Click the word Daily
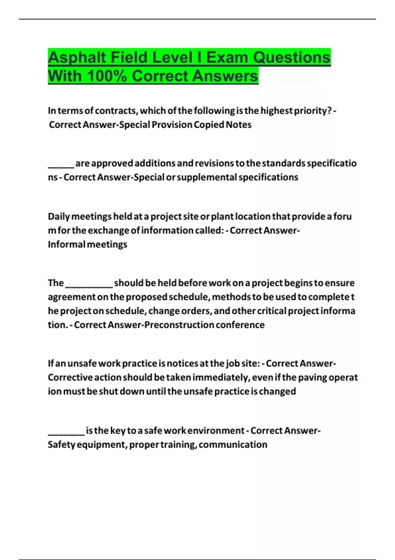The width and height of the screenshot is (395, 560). pos(59,217)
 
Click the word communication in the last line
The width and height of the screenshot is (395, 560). pos(233,445)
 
